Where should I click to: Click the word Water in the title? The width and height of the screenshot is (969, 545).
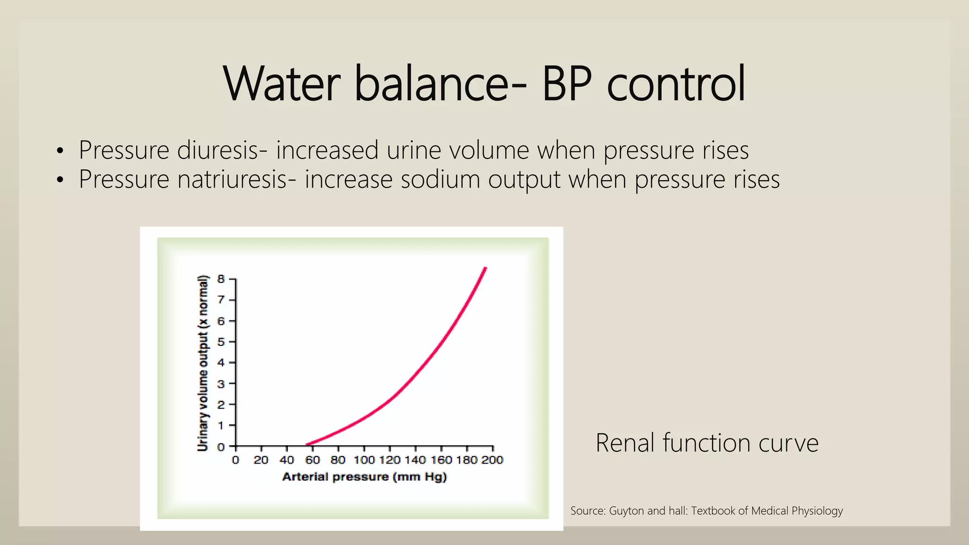(282, 84)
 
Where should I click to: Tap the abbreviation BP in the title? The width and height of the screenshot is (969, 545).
(566, 84)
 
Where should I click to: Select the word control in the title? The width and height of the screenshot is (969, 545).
(677, 84)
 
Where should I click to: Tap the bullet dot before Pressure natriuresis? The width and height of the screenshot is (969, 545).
(60, 180)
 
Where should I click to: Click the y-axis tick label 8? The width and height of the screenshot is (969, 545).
(221, 279)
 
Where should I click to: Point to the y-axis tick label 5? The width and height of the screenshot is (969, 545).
(221, 342)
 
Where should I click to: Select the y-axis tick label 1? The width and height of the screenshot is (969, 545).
(221, 426)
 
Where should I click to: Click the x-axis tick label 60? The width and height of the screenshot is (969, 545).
(312, 460)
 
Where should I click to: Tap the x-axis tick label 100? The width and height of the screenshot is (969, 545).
(364, 460)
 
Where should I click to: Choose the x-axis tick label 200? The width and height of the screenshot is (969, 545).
(493, 460)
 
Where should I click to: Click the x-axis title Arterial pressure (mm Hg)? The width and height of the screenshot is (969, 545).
(364, 477)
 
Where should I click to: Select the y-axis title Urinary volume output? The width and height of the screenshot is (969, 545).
(203, 363)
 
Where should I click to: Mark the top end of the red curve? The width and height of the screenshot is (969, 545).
(485, 269)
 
